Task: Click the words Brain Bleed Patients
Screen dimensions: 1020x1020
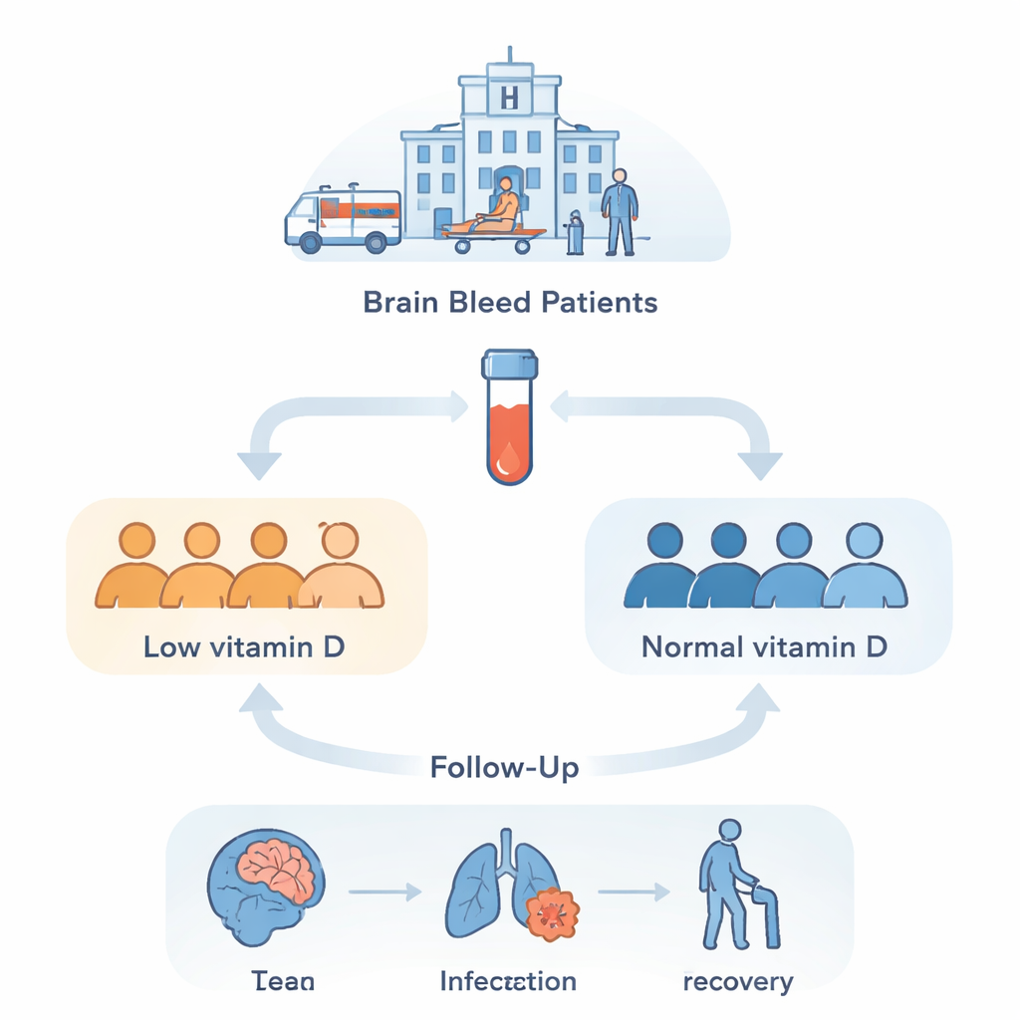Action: [510, 302]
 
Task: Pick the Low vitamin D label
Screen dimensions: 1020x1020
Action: [244, 646]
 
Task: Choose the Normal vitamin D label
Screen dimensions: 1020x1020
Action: [764, 646]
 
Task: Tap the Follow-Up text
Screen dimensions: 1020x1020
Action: [504, 768]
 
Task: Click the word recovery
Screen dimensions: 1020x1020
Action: [738, 981]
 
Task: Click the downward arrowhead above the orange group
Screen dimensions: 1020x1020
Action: [258, 464]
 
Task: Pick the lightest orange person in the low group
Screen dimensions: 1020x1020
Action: [341, 568]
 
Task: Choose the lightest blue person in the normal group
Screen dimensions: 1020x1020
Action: [865, 568]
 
